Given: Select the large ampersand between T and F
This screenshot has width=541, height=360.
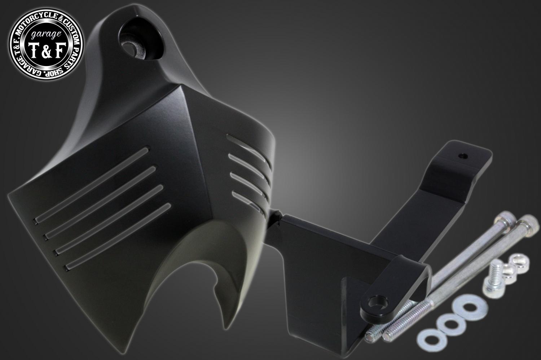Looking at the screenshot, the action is pos(46,51).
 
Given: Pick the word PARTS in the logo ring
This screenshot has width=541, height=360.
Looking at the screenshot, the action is pos(73,55).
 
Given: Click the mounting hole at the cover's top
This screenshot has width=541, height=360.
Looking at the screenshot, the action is pos(133,48).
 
